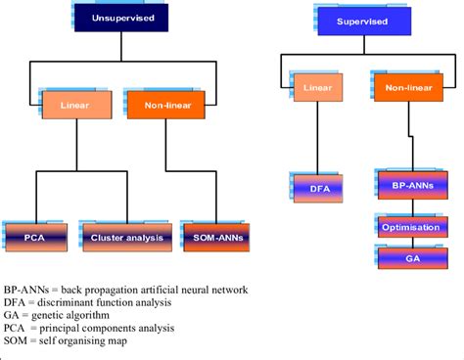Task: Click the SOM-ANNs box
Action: click(214, 236)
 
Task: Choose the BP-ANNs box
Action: click(405, 183)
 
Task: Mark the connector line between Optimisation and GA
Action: click(404, 243)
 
